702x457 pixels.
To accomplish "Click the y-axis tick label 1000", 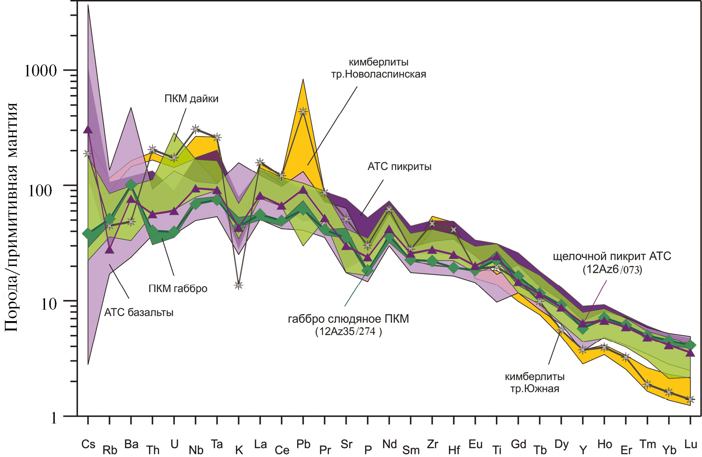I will tap(41, 71).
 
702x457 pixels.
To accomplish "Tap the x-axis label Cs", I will tap(88, 444).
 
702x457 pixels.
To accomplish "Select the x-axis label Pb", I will tap(303, 444).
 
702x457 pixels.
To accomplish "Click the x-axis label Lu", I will tap(691, 444).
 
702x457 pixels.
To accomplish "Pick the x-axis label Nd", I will tap(389, 444).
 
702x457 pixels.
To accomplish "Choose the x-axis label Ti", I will tap(497, 450).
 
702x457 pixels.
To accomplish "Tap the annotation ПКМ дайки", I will tap(191, 99).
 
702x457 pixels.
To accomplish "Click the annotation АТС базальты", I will tap(139, 313).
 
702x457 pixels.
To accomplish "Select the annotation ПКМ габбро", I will tap(178, 289).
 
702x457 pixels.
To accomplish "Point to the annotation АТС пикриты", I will tap(400, 167).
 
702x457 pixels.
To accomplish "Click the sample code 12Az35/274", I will tap(348, 331).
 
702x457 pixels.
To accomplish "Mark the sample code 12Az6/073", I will tap(612, 269).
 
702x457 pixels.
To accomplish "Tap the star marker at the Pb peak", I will tap(303, 112).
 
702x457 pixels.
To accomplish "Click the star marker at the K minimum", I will tap(238, 285).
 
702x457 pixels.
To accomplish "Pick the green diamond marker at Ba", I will tap(131, 185).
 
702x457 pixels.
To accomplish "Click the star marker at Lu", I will tap(691, 400).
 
